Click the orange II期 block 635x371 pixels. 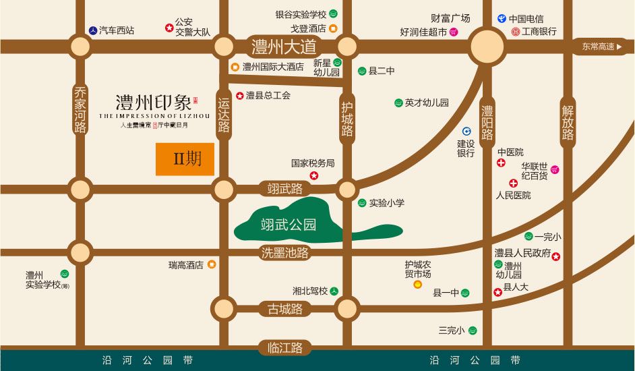click(185, 159)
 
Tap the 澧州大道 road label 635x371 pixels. click(284, 47)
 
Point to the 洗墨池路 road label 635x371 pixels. click(284, 253)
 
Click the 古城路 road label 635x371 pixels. click(284, 309)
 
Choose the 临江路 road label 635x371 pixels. click(284, 348)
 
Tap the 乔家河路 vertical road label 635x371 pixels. click(81, 110)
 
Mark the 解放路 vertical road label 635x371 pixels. click(568, 123)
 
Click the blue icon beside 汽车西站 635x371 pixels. click(92, 30)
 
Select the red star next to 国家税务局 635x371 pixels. click(314, 176)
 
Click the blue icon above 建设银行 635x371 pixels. click(466, 131)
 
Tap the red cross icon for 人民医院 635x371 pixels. click(514, 183)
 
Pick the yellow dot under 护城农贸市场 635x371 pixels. click(417, 285)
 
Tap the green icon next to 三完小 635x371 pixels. click(473, 331)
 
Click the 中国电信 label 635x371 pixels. click(526, 19)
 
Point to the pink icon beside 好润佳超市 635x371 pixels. click(454, 32)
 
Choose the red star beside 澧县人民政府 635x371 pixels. click(556, 256)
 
